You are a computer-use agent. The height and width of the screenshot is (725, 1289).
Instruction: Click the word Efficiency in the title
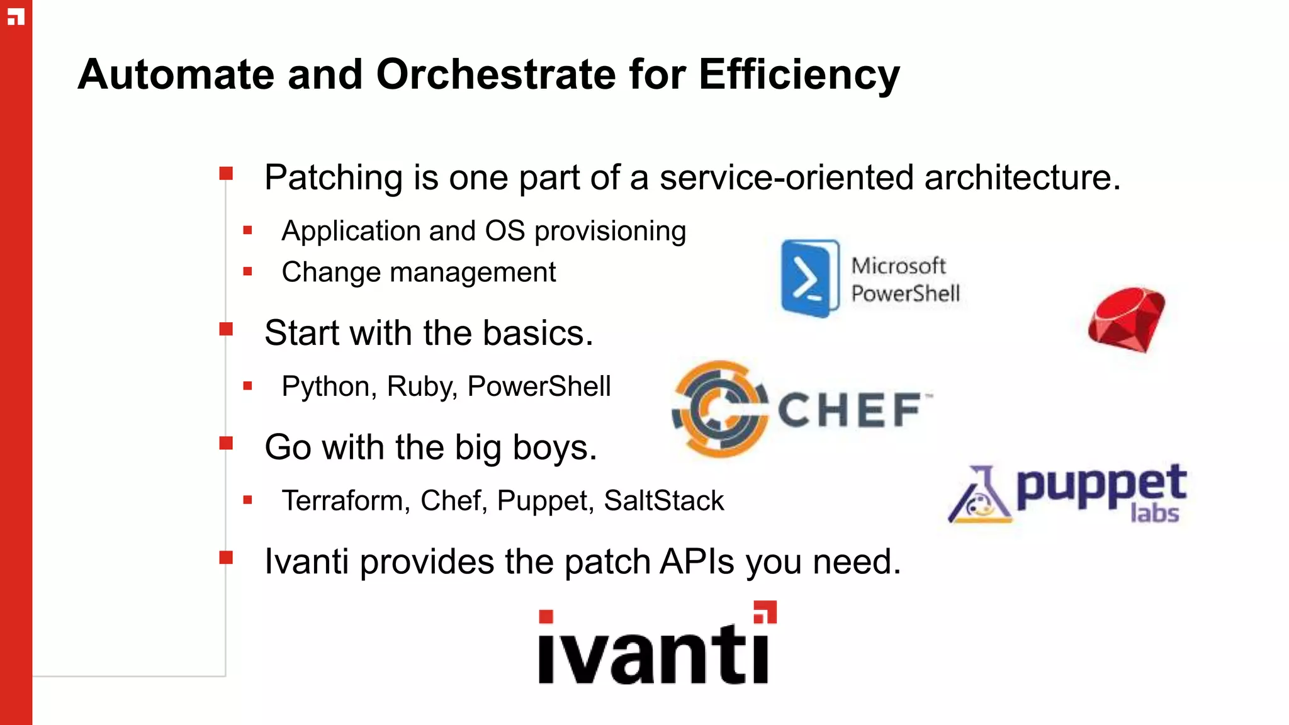(799, 74)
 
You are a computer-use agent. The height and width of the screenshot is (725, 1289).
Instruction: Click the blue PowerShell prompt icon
(809, 278)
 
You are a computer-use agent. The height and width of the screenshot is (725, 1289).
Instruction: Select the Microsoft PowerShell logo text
(904, 279)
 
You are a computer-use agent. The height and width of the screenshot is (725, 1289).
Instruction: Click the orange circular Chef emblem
(720, 409)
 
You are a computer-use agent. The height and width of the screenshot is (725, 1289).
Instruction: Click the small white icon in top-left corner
(16, 17)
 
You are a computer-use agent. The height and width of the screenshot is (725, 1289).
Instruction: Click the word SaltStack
(663, 501)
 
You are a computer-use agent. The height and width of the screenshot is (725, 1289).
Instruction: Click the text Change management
(418, 273)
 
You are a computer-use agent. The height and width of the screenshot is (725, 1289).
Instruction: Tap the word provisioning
(609, 231)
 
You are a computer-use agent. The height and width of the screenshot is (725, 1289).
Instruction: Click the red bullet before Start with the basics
(226, 329)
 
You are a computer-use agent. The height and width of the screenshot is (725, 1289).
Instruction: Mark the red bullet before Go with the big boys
(226, 444)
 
